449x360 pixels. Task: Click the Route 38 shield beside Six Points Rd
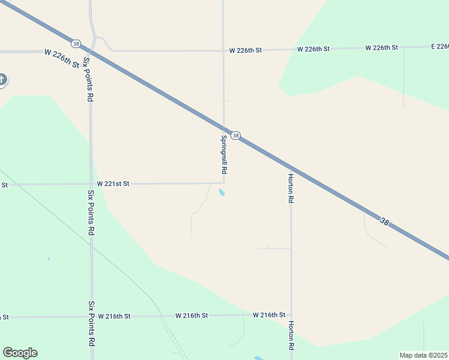76,43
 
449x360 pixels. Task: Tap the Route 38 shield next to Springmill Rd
236,136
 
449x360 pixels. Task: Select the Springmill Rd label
223,154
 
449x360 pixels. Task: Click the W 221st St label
113,184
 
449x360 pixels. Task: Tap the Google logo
20,353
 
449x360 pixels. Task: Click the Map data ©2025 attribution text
424,355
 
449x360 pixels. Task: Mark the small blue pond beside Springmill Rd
222,193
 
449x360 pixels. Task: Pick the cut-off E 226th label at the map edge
439,46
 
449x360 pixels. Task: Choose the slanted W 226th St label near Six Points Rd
62,58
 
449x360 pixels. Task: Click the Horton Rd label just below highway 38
291,188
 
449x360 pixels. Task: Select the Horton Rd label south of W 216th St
291,335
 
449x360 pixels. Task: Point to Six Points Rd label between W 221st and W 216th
91,212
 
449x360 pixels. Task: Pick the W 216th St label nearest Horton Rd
269,314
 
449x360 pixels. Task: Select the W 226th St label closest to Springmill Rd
246,50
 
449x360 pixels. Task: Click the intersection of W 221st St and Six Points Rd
91,184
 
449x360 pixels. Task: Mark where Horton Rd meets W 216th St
291,314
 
